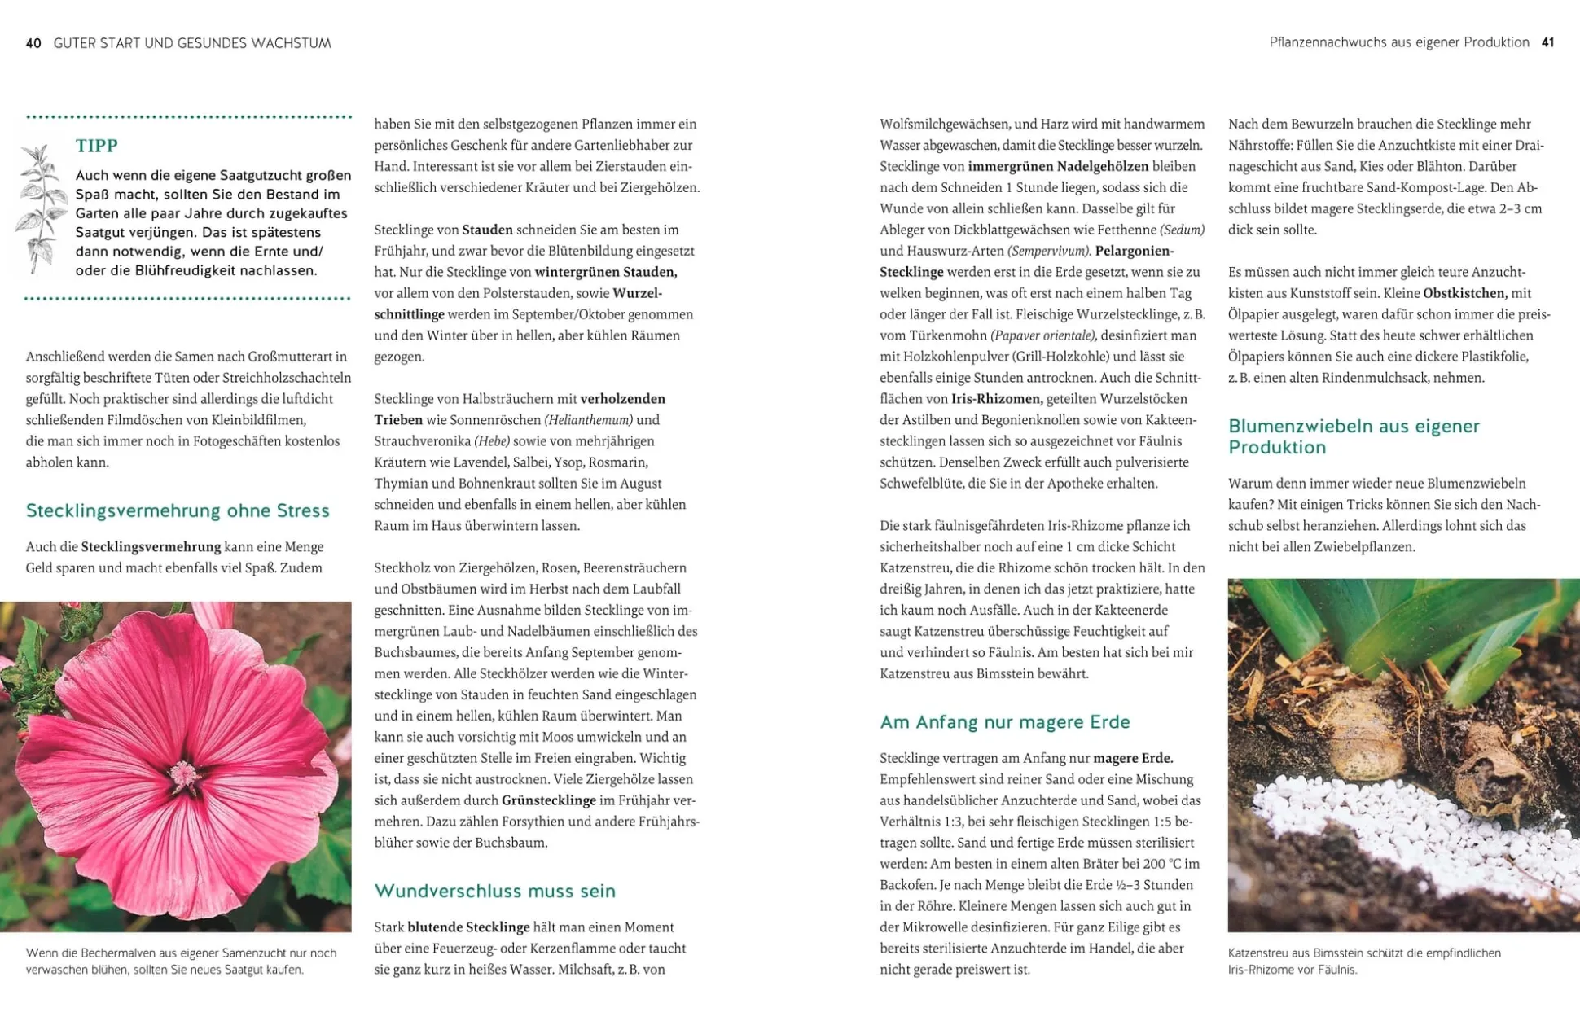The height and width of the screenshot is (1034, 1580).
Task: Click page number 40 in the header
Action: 33,43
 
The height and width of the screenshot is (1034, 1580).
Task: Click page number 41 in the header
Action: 1547,42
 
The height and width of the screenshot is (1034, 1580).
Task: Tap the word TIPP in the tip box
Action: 97,146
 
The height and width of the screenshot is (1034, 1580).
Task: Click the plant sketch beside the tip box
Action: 39,207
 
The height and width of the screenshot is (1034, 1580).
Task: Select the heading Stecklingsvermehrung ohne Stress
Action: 178,510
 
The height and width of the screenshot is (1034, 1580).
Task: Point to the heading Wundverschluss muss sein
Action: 494,891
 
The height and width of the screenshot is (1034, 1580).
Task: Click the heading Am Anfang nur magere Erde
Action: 1004,722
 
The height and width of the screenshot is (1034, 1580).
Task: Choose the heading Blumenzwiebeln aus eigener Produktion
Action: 1353,436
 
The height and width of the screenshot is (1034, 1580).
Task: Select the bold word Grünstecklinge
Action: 548,800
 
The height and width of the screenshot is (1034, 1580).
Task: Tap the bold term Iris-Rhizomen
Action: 997,399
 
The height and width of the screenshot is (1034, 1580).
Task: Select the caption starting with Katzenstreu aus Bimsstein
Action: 1364,961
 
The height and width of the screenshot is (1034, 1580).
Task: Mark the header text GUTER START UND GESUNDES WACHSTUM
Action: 192,43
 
